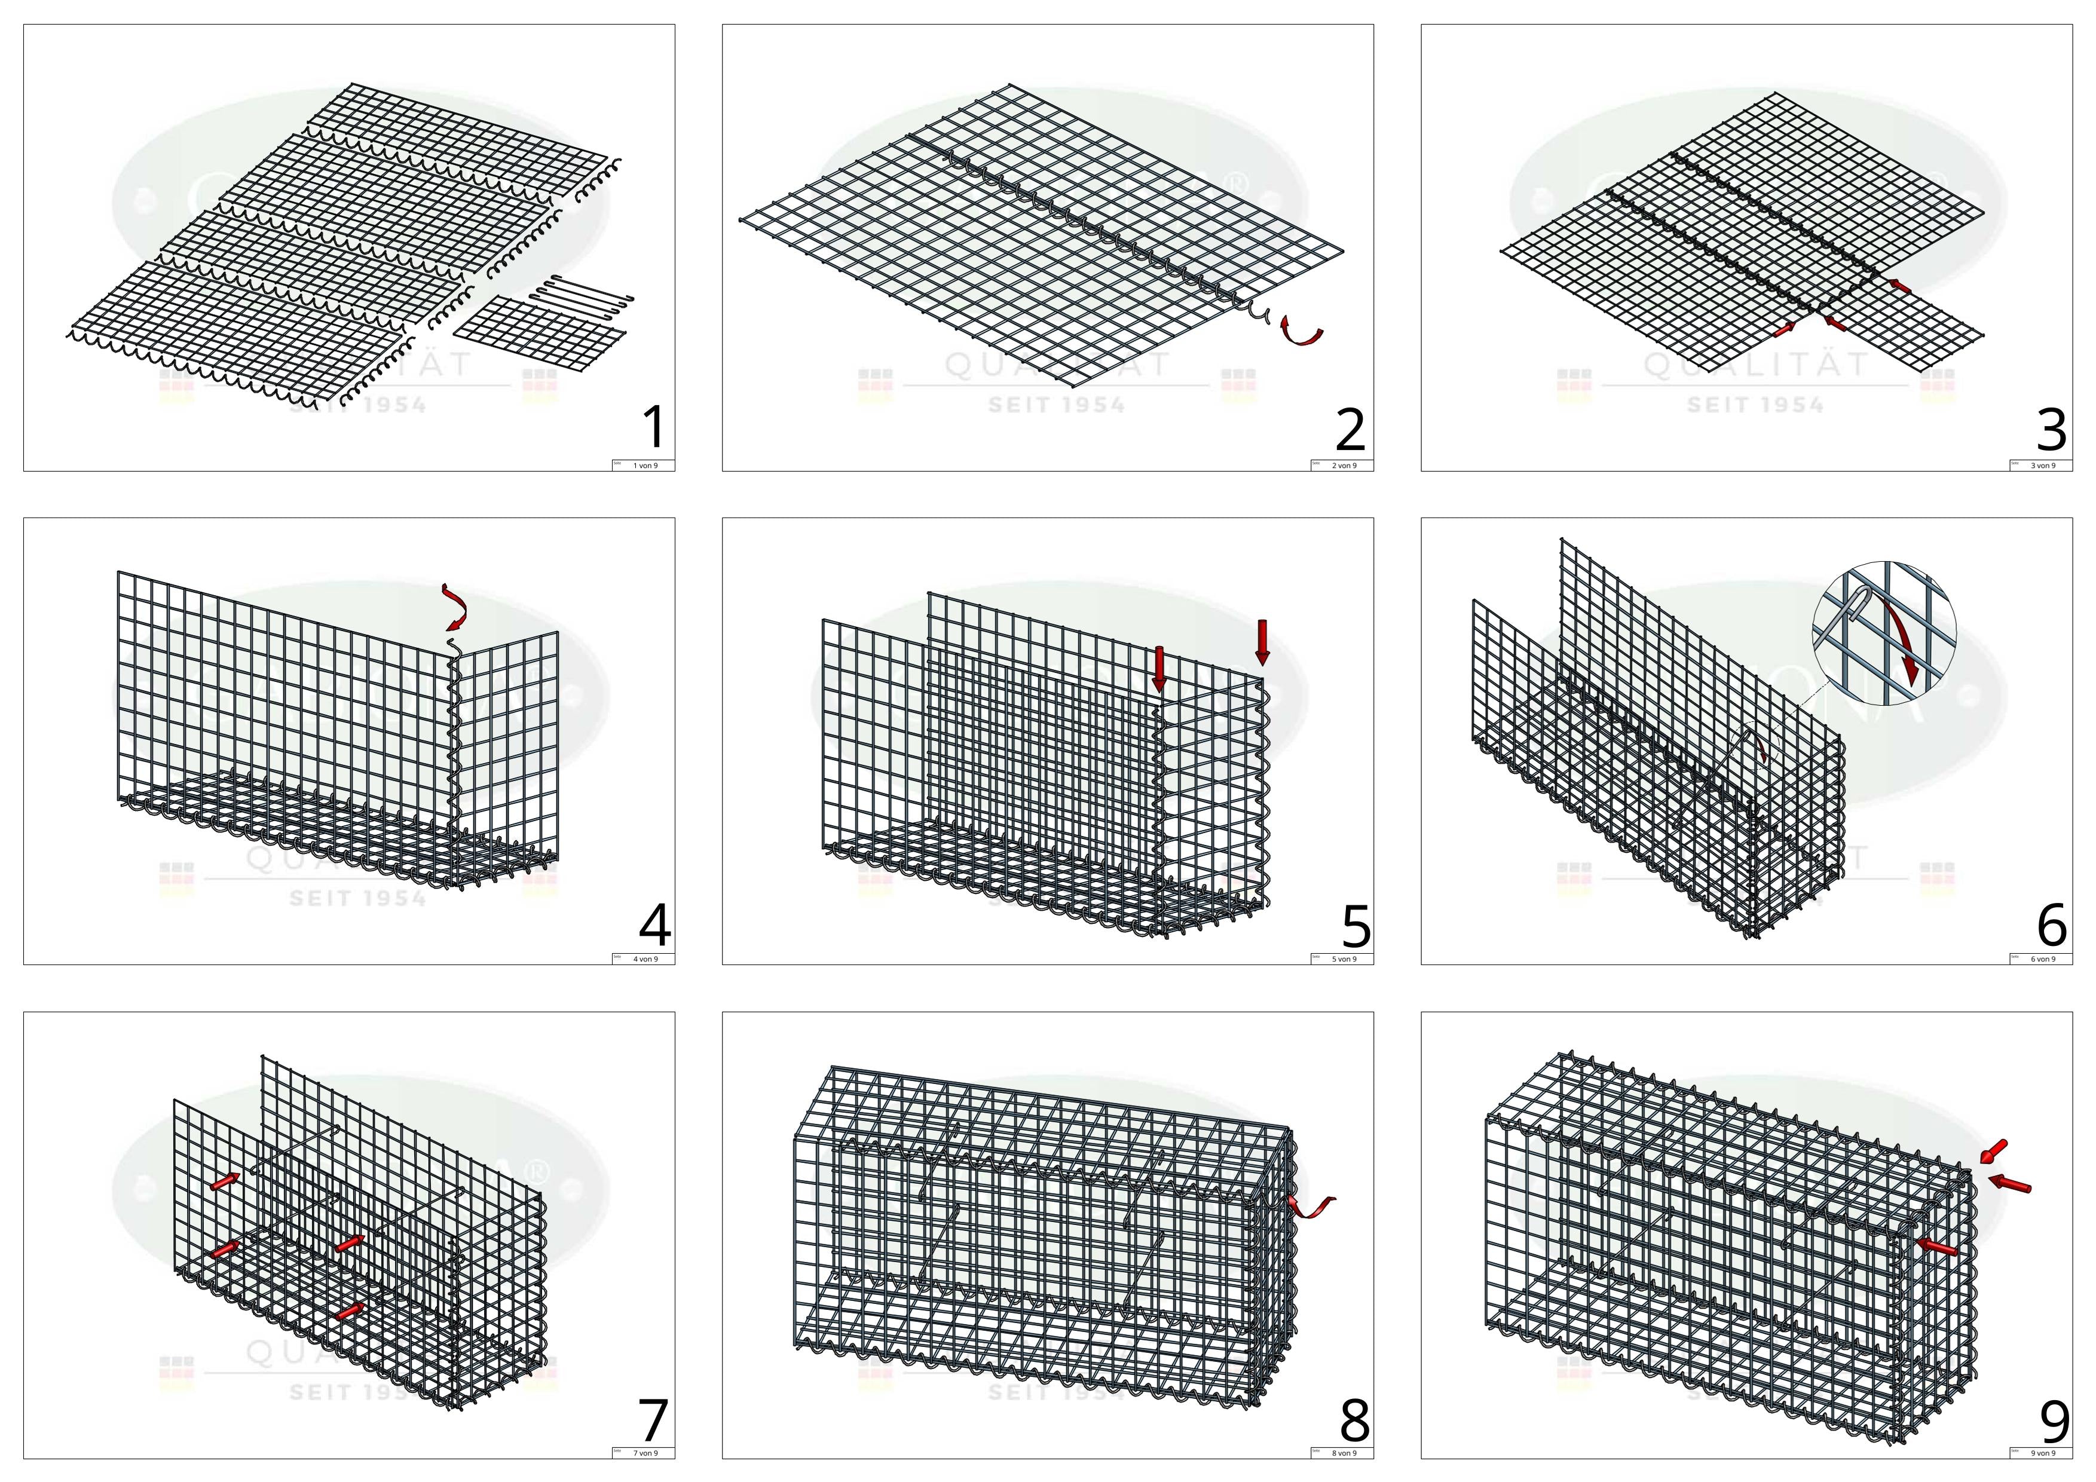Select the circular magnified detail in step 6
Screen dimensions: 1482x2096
coord(1883,632)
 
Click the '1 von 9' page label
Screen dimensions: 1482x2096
coord(644,466)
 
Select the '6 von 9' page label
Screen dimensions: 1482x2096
coord(2043,959)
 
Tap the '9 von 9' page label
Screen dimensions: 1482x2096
coord(2043,1453)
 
